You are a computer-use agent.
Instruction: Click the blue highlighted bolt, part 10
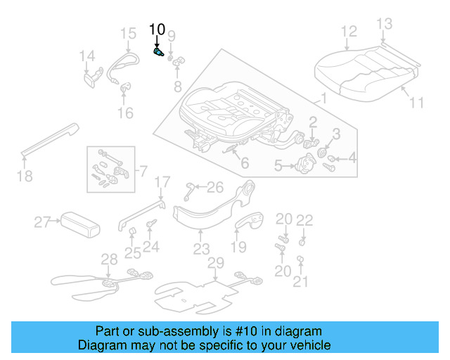(158, 52)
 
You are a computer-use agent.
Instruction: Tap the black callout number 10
(157, 30)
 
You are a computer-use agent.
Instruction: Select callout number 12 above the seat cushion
(349, 32)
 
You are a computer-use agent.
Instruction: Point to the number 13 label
(384, 25)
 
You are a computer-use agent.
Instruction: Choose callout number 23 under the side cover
(201, 249)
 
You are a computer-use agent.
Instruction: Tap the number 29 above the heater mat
(215, 262)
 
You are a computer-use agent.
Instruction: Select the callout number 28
(109, 259)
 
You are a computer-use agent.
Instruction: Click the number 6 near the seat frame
(244, 164)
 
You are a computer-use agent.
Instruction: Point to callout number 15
(127, 33)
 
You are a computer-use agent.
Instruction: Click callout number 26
(214, 187)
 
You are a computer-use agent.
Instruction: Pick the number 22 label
(304, 220)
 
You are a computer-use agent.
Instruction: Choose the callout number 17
(162, 183)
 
